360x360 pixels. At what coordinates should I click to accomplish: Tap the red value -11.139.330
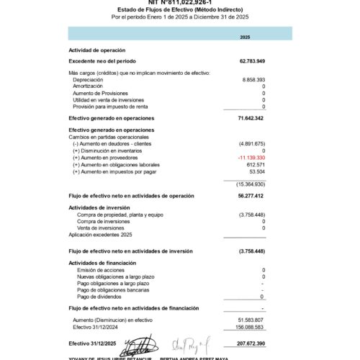click(x=251, y=157)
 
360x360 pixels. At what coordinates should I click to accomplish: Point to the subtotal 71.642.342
click(x=251, y=117)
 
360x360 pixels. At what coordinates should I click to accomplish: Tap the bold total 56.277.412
click(x=251, y=195)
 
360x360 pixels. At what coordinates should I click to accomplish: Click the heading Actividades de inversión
click(x=99, y=207)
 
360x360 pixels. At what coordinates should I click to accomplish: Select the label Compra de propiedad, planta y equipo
click(x=120, y=215)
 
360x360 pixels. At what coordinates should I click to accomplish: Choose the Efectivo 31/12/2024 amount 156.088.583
click(x=251, y=326)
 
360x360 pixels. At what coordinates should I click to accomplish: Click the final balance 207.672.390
click(x=251, y=343)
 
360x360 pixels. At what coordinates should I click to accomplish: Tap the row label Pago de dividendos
click(x=101, y=297)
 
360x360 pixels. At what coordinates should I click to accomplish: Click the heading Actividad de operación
click(x=96, y=50)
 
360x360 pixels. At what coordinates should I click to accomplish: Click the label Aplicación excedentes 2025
click(x=101, y=235)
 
